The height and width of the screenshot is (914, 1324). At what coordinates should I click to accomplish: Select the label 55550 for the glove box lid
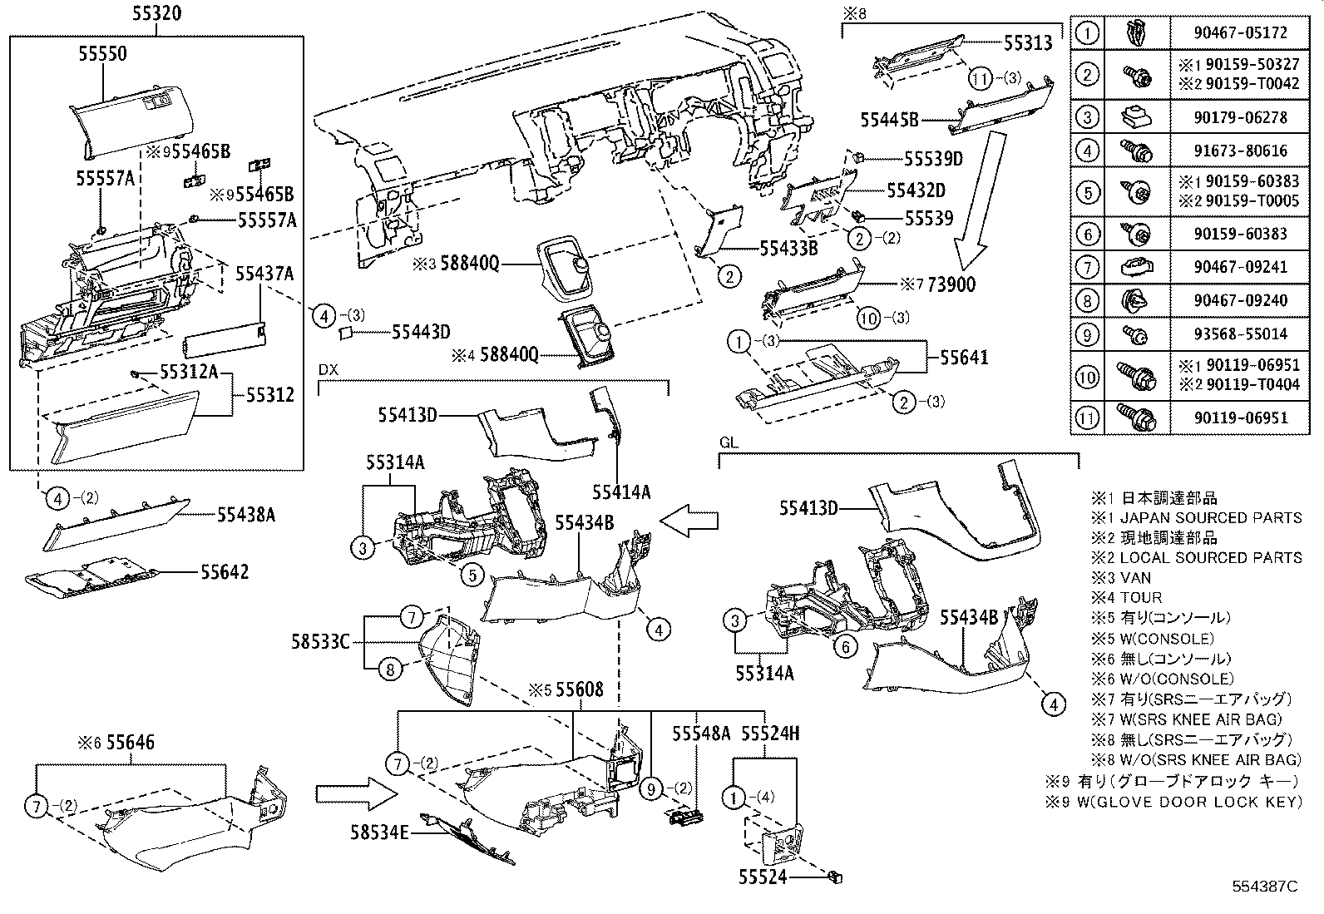pyautogui.click(x=102, y=53)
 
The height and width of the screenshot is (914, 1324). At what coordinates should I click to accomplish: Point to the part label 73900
pyautogui.click(x=951, y=284)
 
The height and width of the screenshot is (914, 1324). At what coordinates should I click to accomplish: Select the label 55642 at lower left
pyautogui.click(x=224, y=572)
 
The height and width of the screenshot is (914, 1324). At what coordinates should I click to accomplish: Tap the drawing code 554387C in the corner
pyautogui.click(x=1264, y=887)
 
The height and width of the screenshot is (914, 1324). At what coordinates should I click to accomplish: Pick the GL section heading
pyautogui.click(x=729, y=443)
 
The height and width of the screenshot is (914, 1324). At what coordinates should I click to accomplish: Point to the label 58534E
pyautogui.click(x=379, y=830)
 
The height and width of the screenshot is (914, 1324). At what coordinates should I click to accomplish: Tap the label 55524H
pyautogui.click(x=770, y=733)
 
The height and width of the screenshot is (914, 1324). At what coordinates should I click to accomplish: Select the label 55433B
pyautogui.click(x=788, y=248)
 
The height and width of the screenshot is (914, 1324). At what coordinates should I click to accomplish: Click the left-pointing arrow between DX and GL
pyautogui.click(x=689, y=521)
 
